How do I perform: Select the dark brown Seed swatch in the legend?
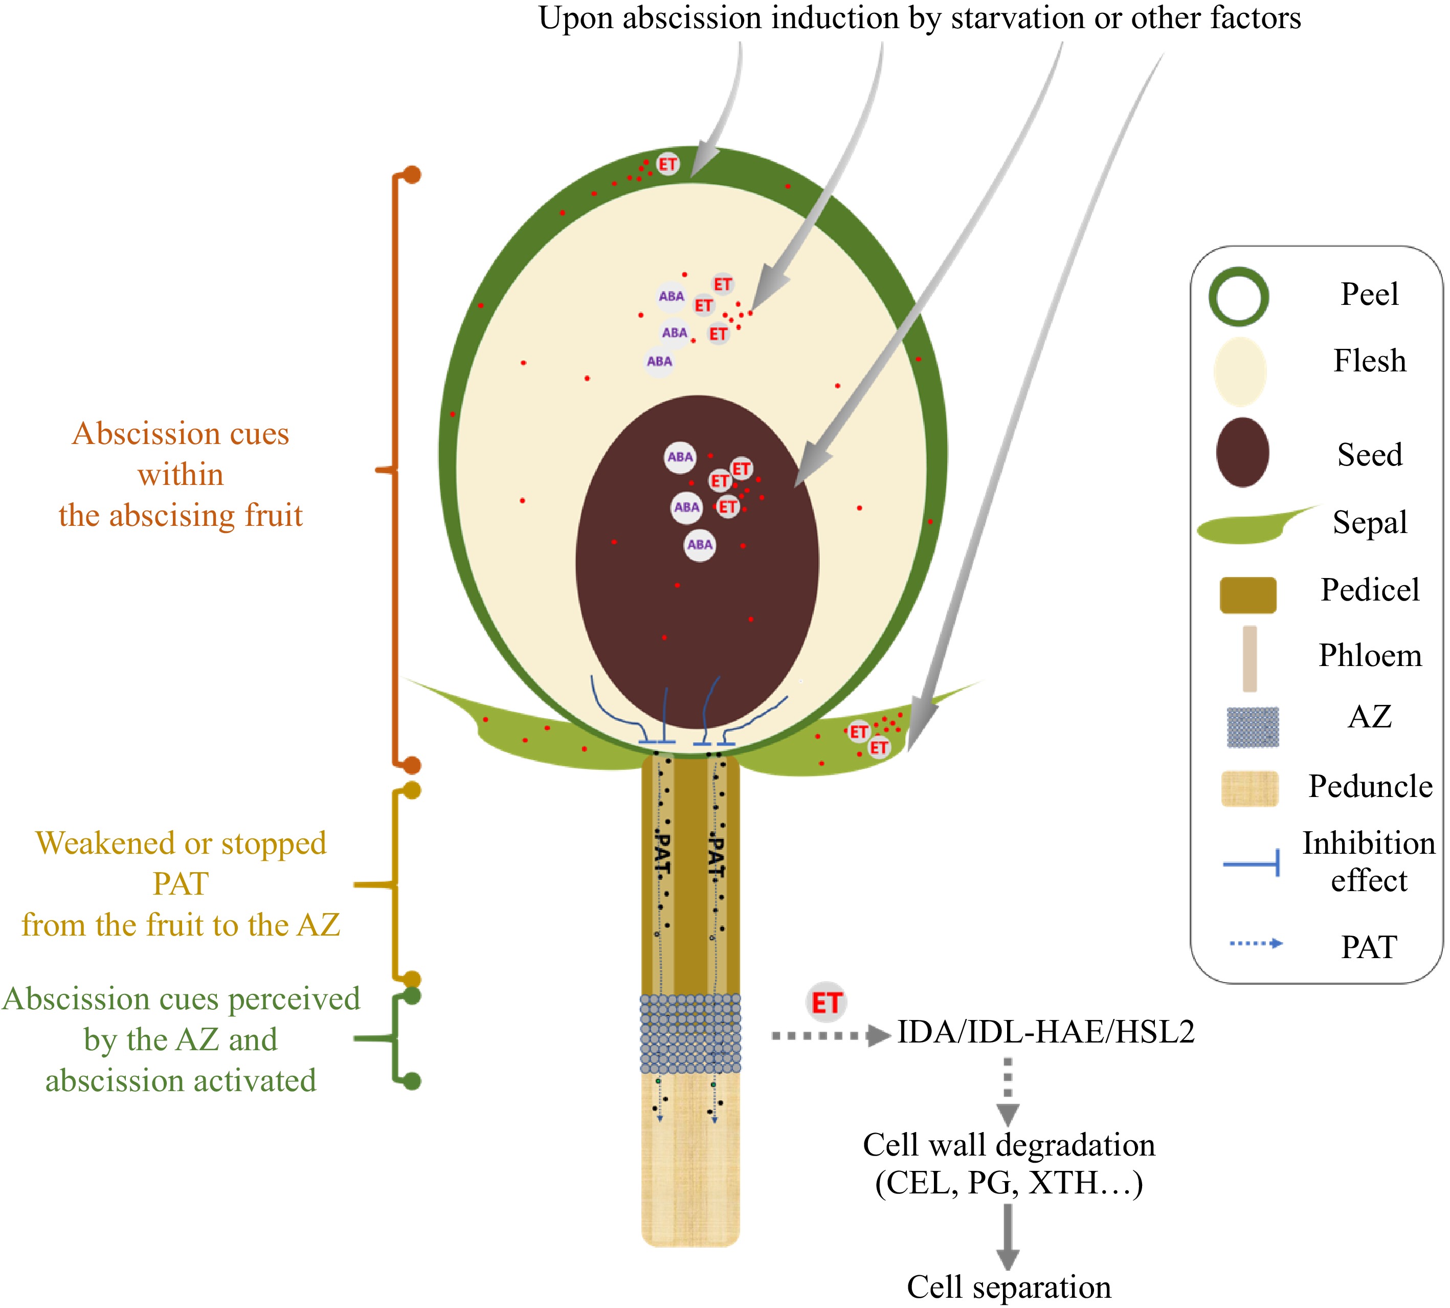1242,453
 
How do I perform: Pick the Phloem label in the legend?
1370,655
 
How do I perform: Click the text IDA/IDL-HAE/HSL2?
1045,1032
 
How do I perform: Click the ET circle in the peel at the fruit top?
667,164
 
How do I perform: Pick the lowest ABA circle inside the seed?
699,545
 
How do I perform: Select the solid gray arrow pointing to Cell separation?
1008,1236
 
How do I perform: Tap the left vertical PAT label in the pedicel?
662,853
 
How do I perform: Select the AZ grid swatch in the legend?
1253,727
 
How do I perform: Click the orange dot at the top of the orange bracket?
412,174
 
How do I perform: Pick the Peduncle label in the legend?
1370,786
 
